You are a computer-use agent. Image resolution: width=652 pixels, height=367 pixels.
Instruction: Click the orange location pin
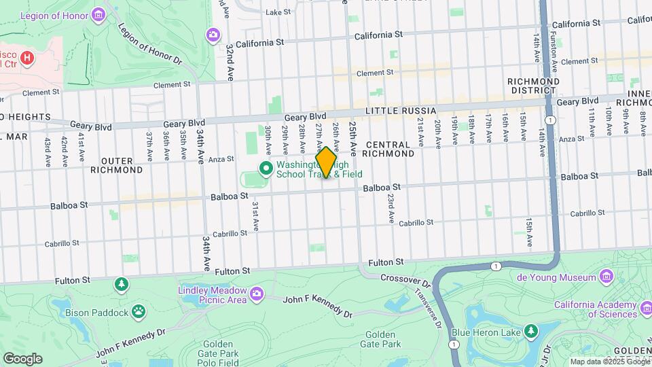326,162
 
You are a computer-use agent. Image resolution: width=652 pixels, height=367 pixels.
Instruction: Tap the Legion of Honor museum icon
99,13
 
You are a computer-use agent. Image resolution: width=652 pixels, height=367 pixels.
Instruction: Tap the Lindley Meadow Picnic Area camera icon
256,294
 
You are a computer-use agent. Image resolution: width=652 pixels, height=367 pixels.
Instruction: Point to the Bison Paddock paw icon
139,311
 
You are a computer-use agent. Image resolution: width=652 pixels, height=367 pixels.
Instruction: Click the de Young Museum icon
606,277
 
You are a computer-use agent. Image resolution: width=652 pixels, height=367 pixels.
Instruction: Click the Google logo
22,359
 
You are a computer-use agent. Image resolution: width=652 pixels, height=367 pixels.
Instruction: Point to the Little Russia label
400,110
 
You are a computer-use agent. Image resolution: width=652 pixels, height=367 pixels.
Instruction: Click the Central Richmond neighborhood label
388,149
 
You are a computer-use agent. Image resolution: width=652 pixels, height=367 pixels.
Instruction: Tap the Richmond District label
534,86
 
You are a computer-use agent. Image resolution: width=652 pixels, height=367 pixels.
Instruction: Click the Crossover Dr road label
405,279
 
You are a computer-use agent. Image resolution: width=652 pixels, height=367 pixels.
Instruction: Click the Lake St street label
278,12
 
